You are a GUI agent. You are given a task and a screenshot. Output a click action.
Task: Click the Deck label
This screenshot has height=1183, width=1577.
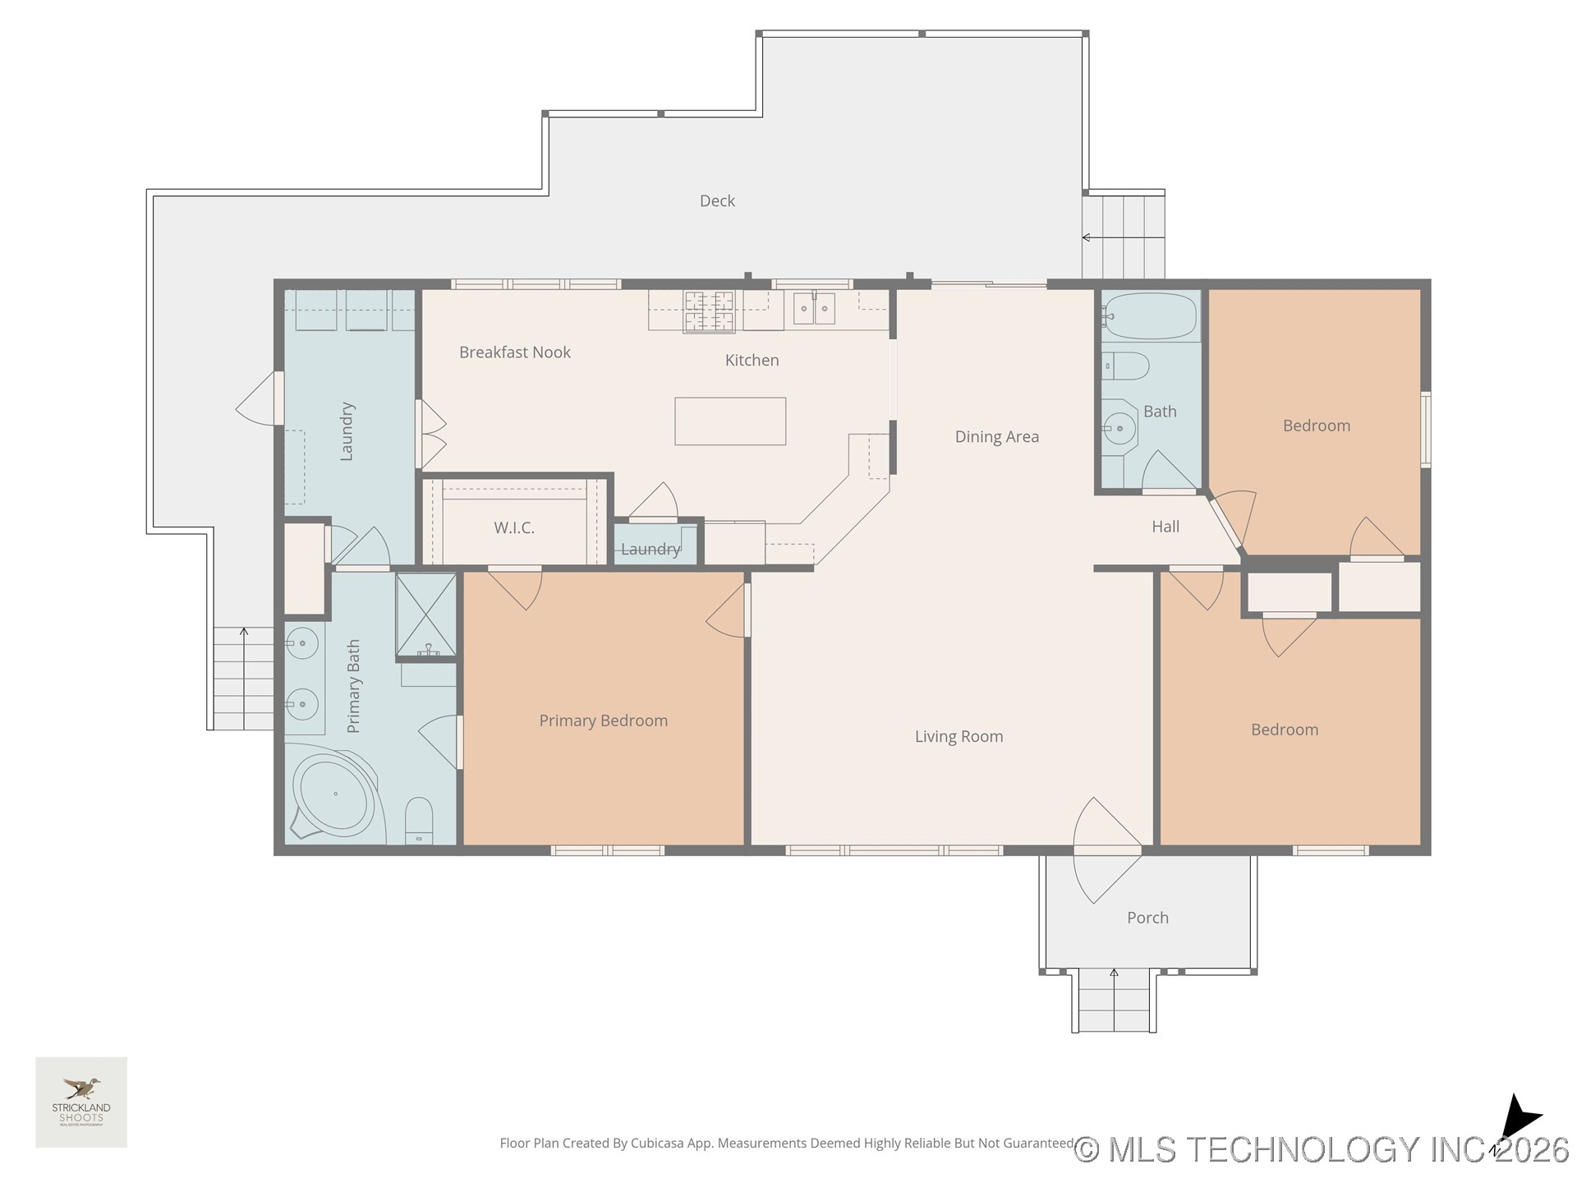coord(716,200)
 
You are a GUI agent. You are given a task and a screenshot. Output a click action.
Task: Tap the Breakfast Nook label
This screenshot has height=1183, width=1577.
coord(514,352)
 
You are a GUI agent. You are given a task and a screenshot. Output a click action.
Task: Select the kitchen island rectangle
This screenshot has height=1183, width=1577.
coord(729,421)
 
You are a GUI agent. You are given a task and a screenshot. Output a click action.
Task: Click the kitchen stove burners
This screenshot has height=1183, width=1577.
coord(709,312)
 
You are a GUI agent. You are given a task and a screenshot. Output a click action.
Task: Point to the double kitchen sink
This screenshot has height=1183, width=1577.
coord(813,309)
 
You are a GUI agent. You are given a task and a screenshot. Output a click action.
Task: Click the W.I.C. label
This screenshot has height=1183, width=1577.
coord(514,528)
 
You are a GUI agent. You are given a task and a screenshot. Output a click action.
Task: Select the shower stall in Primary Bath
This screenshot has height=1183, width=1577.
coord(425,615)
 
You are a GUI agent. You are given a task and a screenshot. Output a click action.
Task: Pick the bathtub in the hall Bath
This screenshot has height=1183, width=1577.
coord(1150,315)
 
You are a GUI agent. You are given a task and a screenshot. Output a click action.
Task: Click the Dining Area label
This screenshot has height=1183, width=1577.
coord(996,437)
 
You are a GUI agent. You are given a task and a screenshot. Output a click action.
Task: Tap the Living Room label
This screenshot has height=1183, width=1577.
coord(959,737)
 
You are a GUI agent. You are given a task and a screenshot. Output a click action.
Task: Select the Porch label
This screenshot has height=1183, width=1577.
coord(1147,918)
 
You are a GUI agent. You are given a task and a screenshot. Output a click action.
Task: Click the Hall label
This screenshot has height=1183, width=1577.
coord(1165,527)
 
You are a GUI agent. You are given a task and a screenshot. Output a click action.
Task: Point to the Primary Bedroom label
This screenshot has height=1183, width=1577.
coord(603,720)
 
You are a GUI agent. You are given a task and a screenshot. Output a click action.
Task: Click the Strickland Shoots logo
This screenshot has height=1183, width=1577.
coord(81,1102)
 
